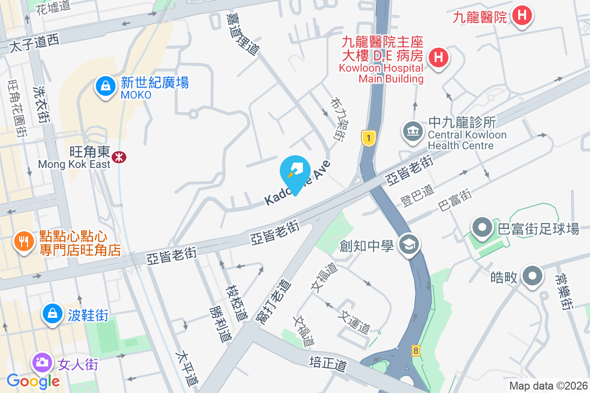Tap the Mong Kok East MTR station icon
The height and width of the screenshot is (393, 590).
118,157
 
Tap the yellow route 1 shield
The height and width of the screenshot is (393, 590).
368,138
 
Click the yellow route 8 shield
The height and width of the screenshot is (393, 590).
416,351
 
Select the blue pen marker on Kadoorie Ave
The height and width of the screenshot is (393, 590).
295,172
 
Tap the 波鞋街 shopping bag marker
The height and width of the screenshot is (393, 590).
52,313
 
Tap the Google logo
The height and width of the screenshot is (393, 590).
33,381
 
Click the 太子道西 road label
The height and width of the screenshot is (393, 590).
34,44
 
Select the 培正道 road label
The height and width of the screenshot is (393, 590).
328,364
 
